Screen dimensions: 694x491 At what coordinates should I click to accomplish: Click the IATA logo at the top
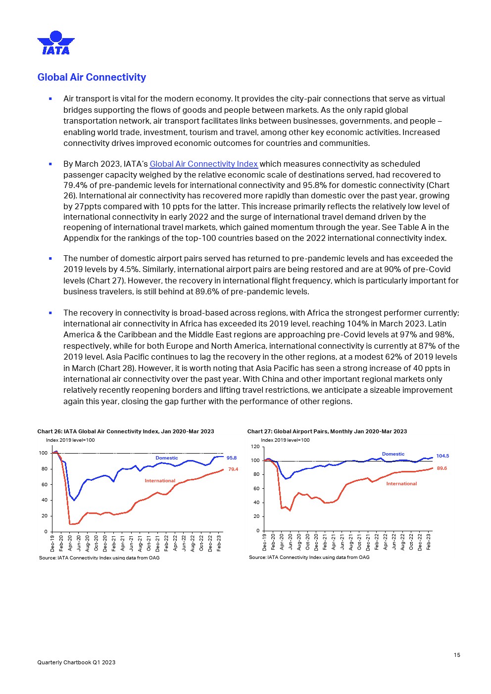[56, 43]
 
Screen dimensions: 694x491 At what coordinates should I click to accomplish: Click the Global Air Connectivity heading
[92, 77]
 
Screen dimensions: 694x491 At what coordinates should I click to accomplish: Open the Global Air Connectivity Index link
[203, 164]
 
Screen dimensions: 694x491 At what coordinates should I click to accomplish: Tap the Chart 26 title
[126, 431]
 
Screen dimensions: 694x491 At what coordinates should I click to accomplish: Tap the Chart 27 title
[327, 431]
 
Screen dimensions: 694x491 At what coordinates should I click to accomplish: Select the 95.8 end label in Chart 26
[232, 458]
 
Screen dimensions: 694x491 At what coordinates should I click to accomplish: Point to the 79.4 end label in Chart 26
[233, 469]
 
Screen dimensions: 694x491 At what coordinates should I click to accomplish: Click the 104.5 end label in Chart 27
[442, 456]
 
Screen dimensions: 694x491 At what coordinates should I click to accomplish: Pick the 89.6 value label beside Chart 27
[442, 468]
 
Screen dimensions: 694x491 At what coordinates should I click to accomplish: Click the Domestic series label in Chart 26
[167, 458]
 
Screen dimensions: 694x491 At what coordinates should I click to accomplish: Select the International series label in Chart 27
[401, 484]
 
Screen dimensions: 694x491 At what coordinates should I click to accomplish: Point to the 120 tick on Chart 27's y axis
[255, 447]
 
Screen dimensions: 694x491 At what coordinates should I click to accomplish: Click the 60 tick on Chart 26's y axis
[44, 484]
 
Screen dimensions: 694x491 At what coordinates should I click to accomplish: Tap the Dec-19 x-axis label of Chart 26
[52, 543]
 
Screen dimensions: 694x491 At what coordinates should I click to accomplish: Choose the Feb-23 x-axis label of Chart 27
[429, 541]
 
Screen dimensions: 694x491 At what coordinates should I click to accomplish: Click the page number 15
[457, 655]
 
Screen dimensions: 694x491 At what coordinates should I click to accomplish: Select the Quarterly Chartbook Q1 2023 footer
[76, 662]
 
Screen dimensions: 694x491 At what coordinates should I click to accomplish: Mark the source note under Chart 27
[309, 557]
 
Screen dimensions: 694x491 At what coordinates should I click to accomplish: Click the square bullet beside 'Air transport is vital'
[50, 99]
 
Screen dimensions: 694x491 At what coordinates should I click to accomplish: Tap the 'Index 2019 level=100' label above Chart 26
[70, 440]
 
